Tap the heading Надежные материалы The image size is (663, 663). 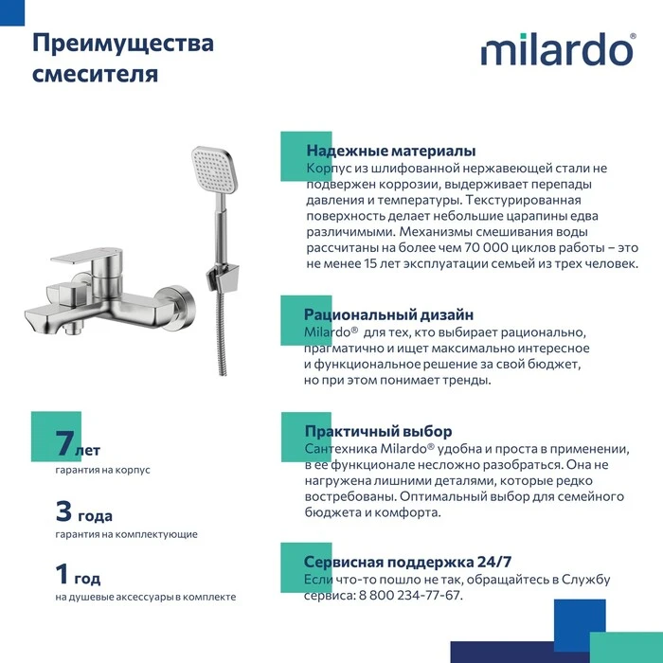click(x=390, y=152)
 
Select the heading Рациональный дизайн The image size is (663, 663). click(x=388, y=314)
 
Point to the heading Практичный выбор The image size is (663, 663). click(x=378, y=431)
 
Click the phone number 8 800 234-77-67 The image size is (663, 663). click(x=410, y=595)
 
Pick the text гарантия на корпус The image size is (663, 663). click(x=102, y=470)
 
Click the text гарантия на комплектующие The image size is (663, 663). click(x=126, y=534)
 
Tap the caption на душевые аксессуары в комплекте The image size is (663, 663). click(x=145, y=597)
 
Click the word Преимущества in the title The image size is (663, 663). click(x=123, y=44)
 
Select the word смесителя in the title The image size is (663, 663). click(x=96, y=74)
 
